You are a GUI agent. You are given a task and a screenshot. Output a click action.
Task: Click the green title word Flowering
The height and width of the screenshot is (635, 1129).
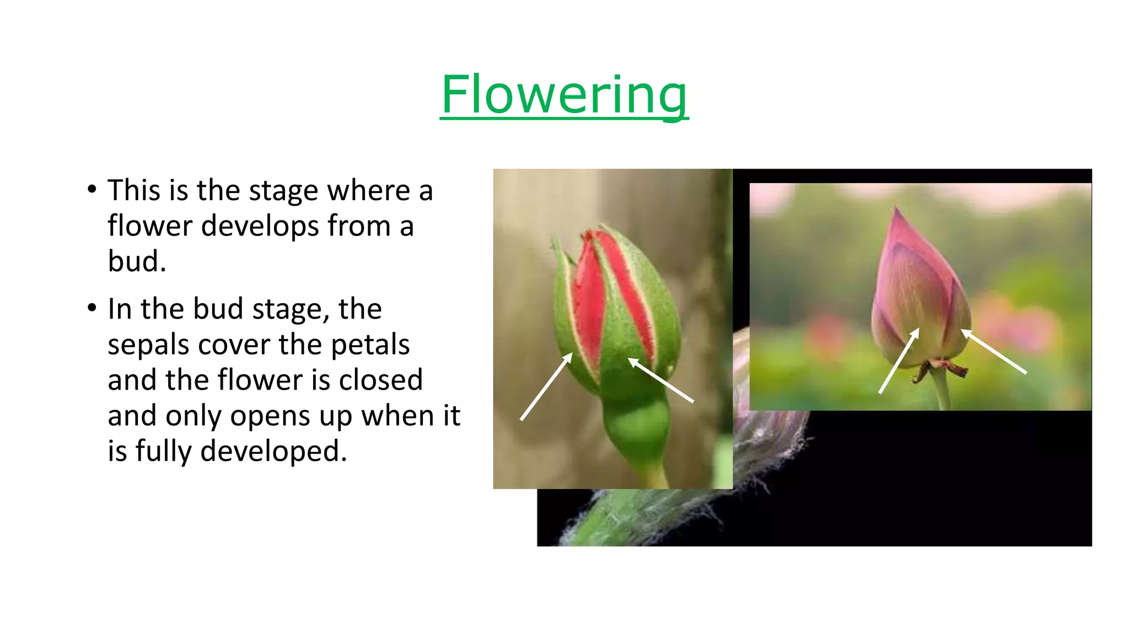564,95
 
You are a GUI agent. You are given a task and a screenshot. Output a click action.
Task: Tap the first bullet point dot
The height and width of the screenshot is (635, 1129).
92,190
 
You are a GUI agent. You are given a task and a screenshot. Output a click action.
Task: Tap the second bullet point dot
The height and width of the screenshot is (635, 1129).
92,308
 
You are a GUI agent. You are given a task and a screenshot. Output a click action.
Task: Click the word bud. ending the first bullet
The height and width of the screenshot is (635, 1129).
137,261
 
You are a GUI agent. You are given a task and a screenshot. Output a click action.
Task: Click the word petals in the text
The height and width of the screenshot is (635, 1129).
370,345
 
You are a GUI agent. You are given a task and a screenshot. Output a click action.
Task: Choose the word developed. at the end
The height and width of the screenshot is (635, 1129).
273,451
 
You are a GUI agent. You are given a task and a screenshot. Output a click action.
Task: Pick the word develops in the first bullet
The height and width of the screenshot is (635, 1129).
260,226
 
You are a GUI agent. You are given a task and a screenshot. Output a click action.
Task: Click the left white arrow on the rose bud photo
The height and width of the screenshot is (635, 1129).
546,388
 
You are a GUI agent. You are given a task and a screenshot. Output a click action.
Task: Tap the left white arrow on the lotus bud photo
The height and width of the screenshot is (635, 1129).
899,361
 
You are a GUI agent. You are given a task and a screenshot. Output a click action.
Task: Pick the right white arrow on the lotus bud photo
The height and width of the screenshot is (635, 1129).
993,351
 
